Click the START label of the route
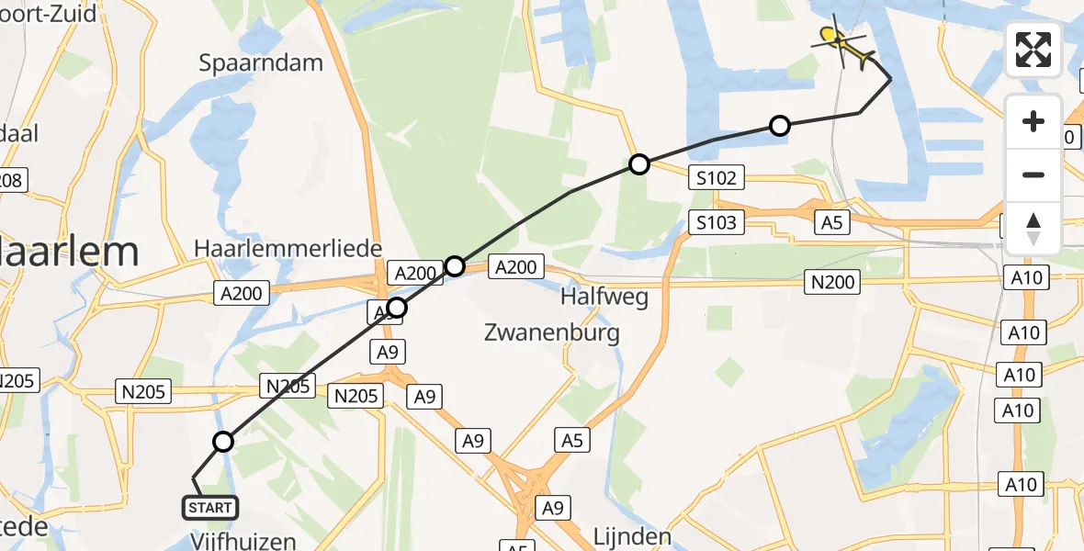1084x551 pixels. tap(210, 508)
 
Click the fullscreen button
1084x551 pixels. tap(1033, 49)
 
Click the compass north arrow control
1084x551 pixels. tap(1033, 229)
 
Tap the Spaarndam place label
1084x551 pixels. tap(261, 62)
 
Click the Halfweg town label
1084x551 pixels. tap(605, 297)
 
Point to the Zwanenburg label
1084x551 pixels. tap(552, 332)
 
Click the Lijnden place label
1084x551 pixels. tap(632, 535)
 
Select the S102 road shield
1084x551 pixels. tap(717, 178)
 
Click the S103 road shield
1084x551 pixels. tap(717, 222)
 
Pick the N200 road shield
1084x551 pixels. tap(833, 282)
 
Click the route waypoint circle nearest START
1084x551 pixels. tap(223, 443)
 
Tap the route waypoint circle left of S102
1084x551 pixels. tap(639, 165)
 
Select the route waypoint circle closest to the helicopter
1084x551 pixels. tap(779, 126)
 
